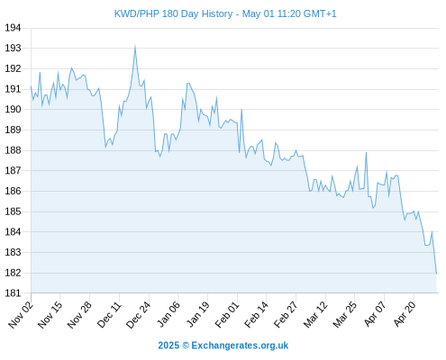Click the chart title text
click(225, 13)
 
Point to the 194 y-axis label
click(13, 28)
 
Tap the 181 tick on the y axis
click(13, 293)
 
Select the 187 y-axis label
click(13, 171)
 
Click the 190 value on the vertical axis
click(13, 110)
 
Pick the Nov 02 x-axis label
click(21, 315)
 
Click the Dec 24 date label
click(138, 315)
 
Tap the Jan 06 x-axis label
click(168, 314)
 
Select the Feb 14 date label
click(256, 315)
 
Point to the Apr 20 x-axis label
click(405, 314)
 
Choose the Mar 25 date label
click(345, 315)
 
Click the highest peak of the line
click(135, 45)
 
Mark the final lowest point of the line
click(436, 274)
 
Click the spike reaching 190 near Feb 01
click(241, 110)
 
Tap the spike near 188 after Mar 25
click(366, 153)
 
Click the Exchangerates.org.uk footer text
click(240, 346)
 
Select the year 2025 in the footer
click(168, 346)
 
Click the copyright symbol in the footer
click(186, 346)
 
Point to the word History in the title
click(217, 13)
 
